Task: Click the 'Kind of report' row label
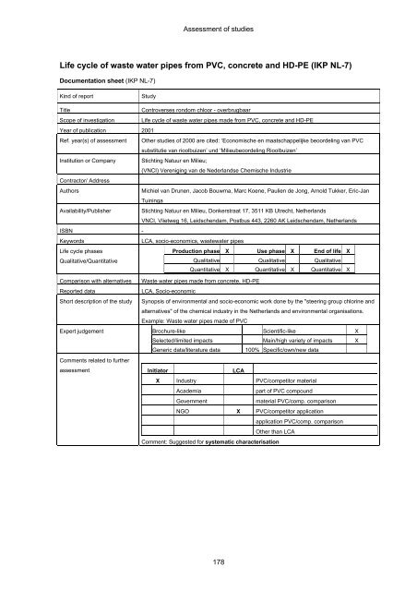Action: pos(54,121)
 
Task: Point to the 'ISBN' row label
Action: pos(40,230)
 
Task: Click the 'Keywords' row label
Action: pos(46,240)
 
